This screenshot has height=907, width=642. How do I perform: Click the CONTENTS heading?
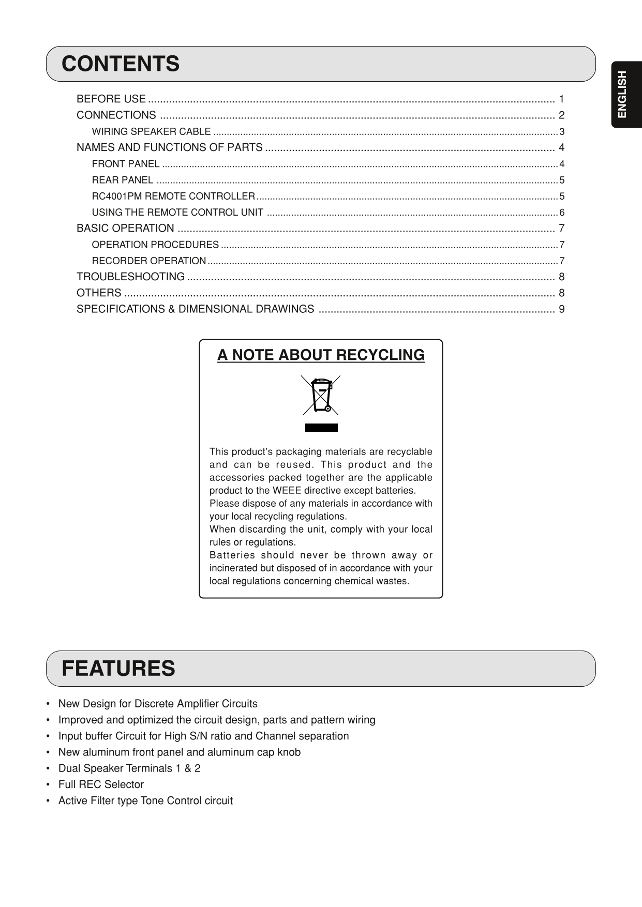point(121,64)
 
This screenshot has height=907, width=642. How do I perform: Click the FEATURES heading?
point(118,668)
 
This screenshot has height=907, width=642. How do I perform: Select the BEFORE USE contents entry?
point(111,99)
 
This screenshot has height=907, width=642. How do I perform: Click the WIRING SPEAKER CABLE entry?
point(151,132)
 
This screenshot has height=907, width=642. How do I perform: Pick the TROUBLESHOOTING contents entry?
point(130,277)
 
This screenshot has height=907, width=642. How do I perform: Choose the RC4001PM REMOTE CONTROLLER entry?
point(173,196)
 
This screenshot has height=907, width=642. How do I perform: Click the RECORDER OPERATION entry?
point(149,261)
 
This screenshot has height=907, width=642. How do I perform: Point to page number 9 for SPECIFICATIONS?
point(561,309)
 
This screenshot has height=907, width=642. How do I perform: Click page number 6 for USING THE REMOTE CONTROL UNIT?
point(562,213)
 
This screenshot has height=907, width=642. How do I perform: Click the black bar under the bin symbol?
point(321,428)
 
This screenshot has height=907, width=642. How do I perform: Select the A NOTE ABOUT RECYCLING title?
point(321,355)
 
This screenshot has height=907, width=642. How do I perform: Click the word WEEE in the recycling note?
point(287,491)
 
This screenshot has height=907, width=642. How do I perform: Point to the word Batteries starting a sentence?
point(232,555)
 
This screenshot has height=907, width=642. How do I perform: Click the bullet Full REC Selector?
point(101,784)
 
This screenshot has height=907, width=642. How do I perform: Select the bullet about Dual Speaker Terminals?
point(129,768)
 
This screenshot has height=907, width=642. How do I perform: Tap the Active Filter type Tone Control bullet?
point(145,800)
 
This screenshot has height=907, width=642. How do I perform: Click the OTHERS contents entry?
point(99,293)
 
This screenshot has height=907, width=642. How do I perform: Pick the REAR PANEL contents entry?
point(123,180)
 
